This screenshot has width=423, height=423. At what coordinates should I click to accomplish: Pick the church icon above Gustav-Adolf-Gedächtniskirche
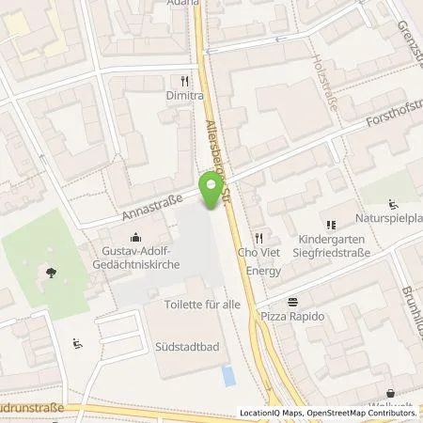138,236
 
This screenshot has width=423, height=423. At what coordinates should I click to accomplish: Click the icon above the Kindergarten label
330,225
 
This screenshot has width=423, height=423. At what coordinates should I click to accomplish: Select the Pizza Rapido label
292,317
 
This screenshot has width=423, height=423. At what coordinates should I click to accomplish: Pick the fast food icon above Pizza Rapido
293,301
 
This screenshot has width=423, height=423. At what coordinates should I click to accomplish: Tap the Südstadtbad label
188,346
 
